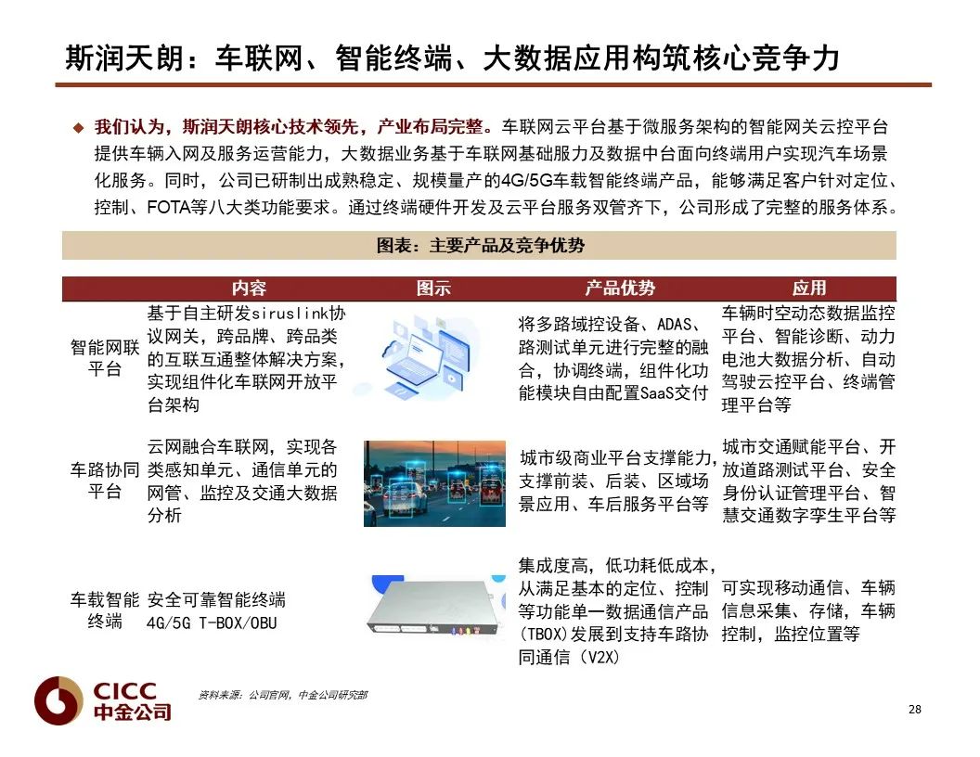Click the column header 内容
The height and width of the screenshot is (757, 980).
249,288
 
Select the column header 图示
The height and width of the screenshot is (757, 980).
433,288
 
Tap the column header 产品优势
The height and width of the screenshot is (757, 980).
620,288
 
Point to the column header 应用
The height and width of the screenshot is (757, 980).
809,288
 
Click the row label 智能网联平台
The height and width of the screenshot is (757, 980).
104,358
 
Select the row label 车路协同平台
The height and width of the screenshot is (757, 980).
104,481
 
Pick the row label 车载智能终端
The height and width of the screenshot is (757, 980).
104,610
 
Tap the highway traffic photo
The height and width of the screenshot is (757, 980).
434,483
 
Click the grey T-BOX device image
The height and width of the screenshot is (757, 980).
436,607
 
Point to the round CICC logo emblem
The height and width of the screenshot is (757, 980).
58,700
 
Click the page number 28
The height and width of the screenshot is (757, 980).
914,709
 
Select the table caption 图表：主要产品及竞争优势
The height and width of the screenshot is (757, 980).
480,246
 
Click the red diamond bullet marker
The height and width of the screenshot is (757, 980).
78,128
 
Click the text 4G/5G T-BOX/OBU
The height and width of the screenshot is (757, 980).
212,622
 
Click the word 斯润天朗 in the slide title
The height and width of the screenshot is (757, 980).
125,58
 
